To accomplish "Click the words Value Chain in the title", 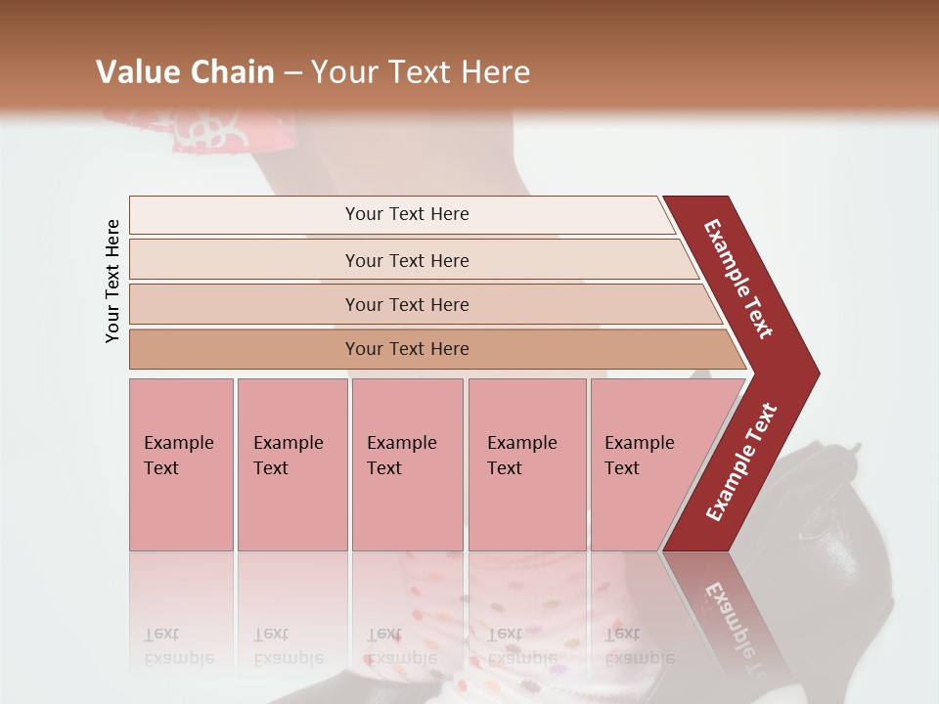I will pos(185,72).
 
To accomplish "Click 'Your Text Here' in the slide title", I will pos(421,72).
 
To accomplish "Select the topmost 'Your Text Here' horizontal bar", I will pos(406,214).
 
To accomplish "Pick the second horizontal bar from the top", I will pos(406,260).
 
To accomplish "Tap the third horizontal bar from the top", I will pos(406,304).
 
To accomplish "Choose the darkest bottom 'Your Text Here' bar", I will pos(406,349).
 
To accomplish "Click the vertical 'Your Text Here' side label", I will pos(112,281).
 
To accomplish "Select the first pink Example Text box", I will pos(181,463).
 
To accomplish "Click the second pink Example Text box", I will pos(291,463).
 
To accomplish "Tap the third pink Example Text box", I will pos(407,463).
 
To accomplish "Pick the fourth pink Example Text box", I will pos(526,463).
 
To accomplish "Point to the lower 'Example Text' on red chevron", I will pos(742,462).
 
